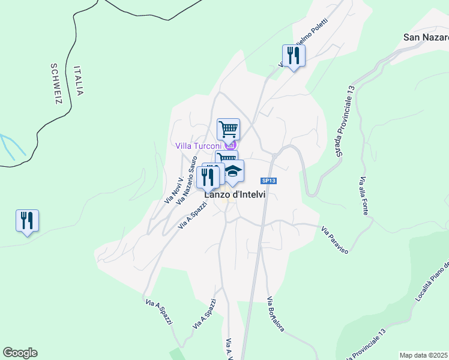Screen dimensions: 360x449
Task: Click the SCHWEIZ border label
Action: point(56,83)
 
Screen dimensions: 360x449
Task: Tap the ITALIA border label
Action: point(79,80)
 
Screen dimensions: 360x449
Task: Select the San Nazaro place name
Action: point(426,37)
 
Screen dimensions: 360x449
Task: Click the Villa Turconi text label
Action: point(199,146)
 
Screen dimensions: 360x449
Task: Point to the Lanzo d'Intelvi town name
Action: point(235,194)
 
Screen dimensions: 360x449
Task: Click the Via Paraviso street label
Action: point(334,239)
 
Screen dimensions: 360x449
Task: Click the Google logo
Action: point(20,353)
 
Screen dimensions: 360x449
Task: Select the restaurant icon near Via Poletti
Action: point(294,56)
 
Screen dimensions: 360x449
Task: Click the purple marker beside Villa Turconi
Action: point(231,145)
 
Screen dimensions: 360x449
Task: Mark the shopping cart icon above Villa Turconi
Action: point(228,128)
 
